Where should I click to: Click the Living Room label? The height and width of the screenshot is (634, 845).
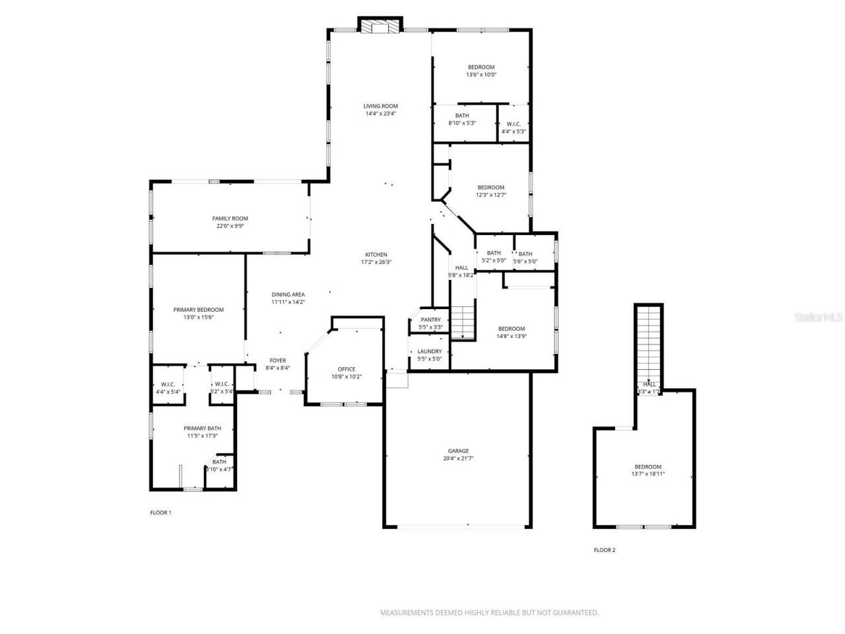pos(381,106)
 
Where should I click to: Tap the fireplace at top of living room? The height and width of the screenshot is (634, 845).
pos(380,26)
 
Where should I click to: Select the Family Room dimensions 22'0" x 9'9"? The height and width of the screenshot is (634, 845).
pos(230,226)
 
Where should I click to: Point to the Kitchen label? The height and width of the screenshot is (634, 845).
pos(376,254)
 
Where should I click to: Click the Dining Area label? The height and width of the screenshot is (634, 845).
pos(288,295)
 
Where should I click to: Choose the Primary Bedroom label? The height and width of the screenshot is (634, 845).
pos(198,309)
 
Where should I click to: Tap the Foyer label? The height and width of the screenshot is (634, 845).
pos(277,361)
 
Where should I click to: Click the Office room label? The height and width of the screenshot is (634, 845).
pos(347,369)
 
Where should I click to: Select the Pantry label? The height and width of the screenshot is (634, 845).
pos(430,320)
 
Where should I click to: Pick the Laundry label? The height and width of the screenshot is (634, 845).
pos(430,351)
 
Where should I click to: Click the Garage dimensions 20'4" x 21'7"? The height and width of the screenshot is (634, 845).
pos(458,458)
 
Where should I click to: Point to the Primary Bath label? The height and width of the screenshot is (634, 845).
pos(202,428)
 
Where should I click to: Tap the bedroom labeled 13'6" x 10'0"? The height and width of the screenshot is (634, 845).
pos(481,71)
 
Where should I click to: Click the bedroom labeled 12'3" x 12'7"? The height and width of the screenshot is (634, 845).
pos(490,191)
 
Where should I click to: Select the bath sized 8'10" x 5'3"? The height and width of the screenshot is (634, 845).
pos(462,120)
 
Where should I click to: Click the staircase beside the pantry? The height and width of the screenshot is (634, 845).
pos(463,322)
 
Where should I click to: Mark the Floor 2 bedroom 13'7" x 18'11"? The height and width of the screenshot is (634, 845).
pos(648,470)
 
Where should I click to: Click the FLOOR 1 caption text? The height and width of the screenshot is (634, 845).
pos(160,512)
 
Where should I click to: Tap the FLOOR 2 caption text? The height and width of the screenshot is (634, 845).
pos(604,550)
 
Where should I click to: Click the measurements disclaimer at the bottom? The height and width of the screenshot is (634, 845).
pos(489,613)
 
